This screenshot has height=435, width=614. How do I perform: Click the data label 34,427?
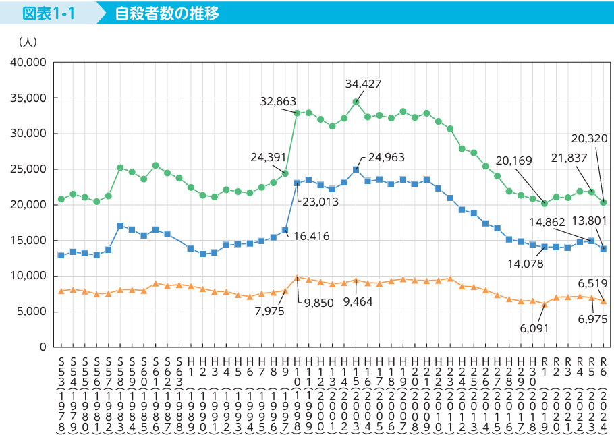tap(364, 84)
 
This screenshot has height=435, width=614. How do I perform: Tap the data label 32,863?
tap(278, 102)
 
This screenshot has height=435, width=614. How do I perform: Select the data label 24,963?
tap(387, 158)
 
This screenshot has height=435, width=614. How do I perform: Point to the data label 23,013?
tap(320, 200)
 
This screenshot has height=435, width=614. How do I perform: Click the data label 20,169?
tap(513, 161)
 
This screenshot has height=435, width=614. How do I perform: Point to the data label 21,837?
tap(569, 157)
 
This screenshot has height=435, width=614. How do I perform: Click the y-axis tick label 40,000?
tap(28, 63)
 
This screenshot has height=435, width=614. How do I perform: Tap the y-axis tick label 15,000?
tap(28, 240)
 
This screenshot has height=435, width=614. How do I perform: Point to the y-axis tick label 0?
tap(42, 347)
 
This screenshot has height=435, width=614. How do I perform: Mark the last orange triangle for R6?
tap(603, 301)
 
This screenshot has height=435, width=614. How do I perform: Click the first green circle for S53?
tap(61, 199)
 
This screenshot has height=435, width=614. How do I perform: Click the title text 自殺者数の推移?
tap(166, 13)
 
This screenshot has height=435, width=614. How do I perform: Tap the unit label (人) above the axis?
tap(28, 42)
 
